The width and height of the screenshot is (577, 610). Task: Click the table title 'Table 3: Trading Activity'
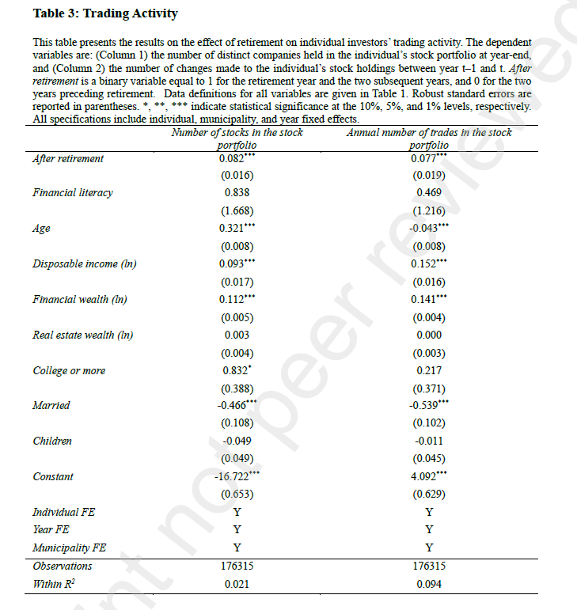(106, 13)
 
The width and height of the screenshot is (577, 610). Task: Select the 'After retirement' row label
(68, 158)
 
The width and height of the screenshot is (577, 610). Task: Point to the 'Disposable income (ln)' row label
(85, 264)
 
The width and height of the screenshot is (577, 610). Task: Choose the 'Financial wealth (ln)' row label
(80, 300)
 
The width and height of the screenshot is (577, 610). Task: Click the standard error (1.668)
(237, 210)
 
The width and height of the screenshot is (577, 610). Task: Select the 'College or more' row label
(69, 370)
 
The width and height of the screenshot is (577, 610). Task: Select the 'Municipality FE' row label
(69, 547)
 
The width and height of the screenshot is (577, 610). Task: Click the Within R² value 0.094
(429, 584)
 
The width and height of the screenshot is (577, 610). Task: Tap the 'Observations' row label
(63, 566)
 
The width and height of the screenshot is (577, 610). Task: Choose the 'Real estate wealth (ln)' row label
(83, 335)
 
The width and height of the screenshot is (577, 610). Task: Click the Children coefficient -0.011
(429, 441)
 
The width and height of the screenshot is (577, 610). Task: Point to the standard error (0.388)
(237, 388)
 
